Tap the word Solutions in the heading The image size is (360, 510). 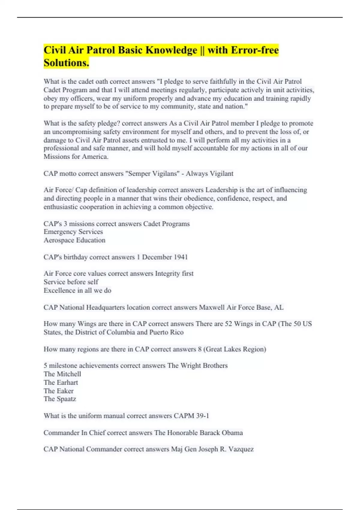pyautogui.click(x=66, y=63)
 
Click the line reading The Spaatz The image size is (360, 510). pyautogui.click(x=60, y=399)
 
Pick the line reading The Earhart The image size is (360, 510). pyautogui.click(x=61, y=382)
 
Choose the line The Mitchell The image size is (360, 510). pyautogui.click(x=62, y=374)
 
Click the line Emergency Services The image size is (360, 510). pyautogui.click(x=73, y=232)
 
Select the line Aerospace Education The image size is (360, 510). pyautogui.click(x=74, y=240)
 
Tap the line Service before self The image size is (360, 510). pyautogui.click(x=71, y=282)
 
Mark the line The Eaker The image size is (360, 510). pyautogui.click(x=58, y=391)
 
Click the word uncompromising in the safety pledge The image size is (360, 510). pyautogui.click(x=77, y=132)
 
